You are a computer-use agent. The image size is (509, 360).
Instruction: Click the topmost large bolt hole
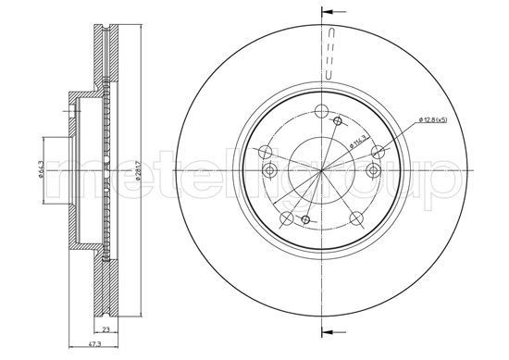[x=322, y=114]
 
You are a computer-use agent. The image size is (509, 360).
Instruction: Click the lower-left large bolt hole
[x=286, y=218]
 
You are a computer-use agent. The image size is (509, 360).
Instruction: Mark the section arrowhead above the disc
[x=326, y=12]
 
